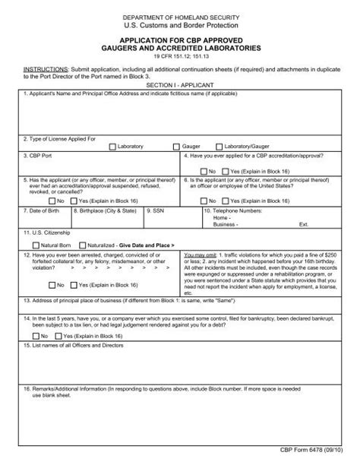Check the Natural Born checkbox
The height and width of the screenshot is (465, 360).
click(x=36, y=245)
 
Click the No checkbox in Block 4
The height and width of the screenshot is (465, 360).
click(x=204, y=171)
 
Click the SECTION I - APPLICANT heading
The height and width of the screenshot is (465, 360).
click(x=180, y=86)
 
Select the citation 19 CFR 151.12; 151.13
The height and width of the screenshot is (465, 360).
click(x=180, y=55)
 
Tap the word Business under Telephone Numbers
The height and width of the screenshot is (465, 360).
click(x=225, y=226)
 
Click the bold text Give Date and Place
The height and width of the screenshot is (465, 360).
click(x=147, y=245)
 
